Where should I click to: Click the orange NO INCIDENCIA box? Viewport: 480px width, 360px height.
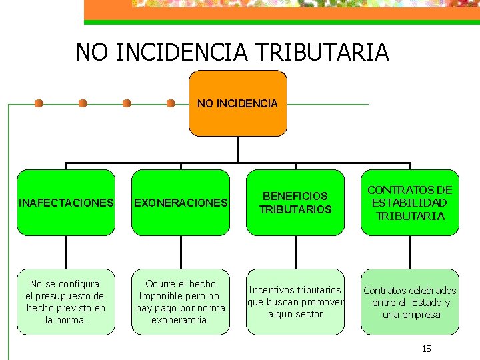click(238, 104)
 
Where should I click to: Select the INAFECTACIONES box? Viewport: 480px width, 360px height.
click(66, 203)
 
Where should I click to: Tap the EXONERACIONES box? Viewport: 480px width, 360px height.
click(181, 203)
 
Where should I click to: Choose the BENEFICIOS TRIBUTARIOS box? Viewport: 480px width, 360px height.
click(295, 203)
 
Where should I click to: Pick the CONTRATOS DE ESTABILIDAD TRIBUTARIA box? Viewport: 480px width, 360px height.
click(410, 203)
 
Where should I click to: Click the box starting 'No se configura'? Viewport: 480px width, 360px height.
click(66, 301)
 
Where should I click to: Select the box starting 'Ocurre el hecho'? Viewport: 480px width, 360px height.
click(181, 301)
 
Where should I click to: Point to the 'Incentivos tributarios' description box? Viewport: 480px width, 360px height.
click(295, 301)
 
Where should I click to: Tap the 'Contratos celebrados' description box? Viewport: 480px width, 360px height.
click(410, 301)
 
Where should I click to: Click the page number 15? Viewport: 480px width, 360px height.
click(427, 349)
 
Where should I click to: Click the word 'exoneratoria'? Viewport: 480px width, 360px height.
click(179, 320)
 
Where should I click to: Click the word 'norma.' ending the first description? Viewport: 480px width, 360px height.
click(66, 320)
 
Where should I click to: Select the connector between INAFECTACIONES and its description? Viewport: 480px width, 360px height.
click(67, 252)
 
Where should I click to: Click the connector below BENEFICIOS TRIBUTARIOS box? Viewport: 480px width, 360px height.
click(296, 252)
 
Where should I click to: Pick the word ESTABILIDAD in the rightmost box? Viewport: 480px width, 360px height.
click(409, 203)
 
